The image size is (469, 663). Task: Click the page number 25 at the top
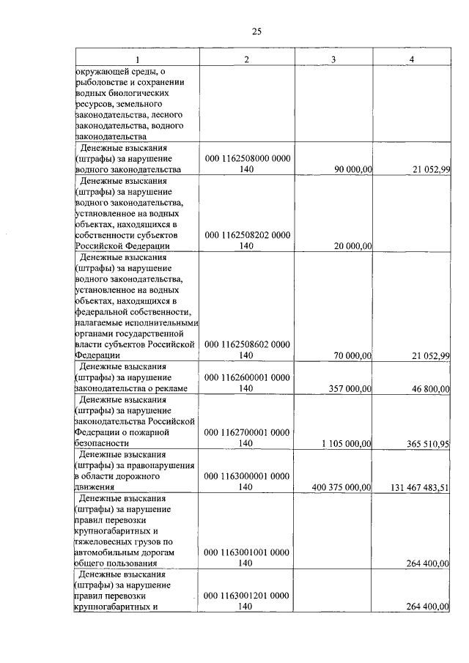click(256, 31)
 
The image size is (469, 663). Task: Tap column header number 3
click(333, 59)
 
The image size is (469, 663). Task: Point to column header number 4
click(413, 59)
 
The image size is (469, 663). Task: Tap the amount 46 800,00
click(430, 388)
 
